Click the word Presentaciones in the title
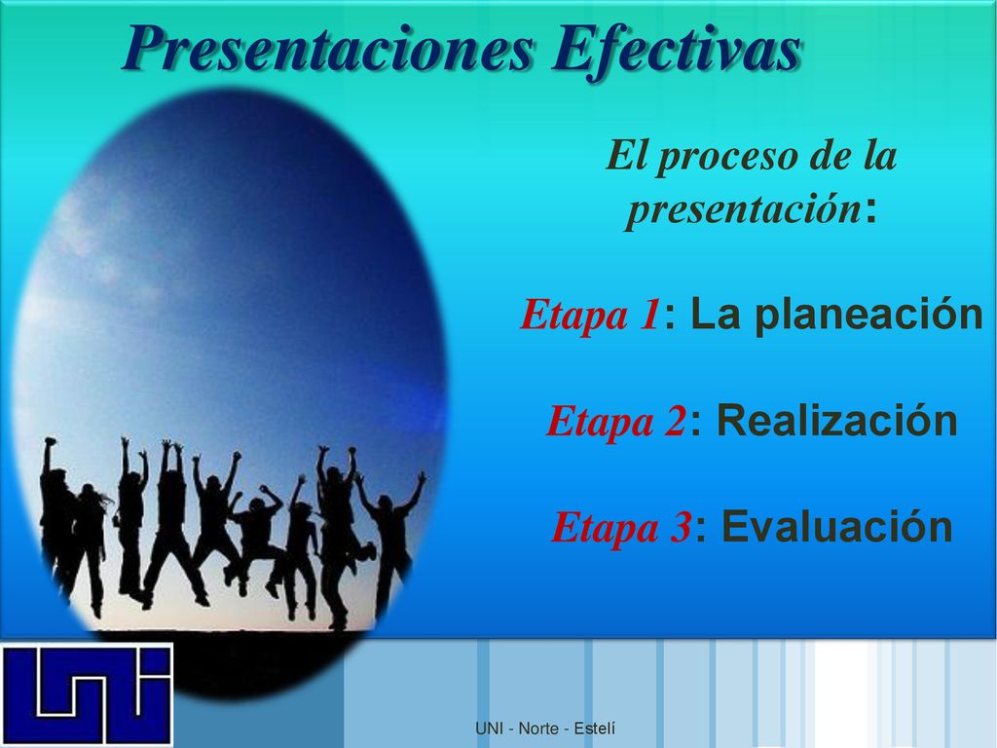point(328,51)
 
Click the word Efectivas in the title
point(677,49)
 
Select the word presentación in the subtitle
point(743,208)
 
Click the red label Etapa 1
point(590,315)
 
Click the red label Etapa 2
point(615,421)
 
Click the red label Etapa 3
point(621,527)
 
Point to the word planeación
point(869,316)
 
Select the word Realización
point(837,420)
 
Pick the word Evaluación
point(837,527)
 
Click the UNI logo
point(87,694)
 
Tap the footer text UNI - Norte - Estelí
point(545,729)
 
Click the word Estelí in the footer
point(595,729)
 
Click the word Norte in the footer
point(538,729)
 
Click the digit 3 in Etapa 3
point(681,527)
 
